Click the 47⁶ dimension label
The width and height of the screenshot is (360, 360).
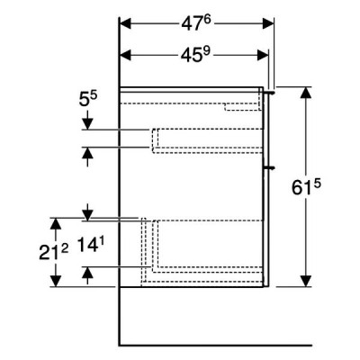196,23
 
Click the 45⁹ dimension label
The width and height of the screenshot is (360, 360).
196,55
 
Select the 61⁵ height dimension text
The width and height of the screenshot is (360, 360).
306,187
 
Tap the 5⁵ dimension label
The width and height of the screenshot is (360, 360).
88,99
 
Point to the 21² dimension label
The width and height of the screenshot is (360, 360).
54,252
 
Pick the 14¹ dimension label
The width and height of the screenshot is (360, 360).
88,245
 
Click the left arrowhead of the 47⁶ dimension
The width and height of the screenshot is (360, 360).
126,23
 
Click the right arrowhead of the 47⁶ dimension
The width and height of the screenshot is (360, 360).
268,23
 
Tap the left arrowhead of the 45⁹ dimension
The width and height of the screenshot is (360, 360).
126,55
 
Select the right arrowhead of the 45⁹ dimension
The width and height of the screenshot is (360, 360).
263,55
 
